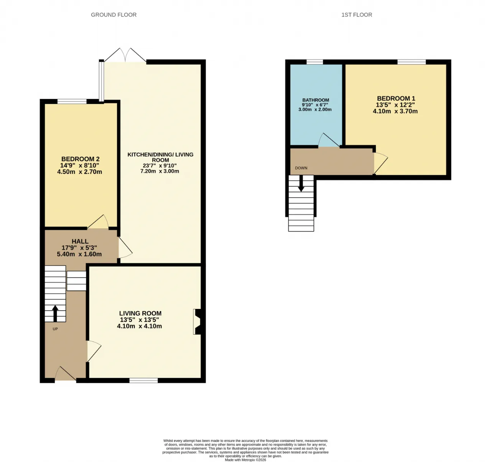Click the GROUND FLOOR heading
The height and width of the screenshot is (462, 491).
(x=114, y=15)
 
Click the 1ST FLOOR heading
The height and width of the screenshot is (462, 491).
(x=356, y=15)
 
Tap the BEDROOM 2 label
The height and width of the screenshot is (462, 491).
(x=80, y=159)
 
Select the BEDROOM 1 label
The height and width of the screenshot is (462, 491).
(x=396, y=99)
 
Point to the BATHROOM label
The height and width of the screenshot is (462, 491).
(x=315, y=100)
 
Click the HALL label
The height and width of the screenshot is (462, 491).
(x=80, y=241)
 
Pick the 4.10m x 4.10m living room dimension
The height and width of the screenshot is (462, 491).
(x=140, y=326)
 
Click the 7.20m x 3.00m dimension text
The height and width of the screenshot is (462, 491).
(x=160, y=171)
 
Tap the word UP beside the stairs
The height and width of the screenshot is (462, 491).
(x=55, y=329)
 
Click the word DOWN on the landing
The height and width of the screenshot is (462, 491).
(x=301, y=168)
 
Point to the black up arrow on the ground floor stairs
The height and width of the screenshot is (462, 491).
(x=55, y=313)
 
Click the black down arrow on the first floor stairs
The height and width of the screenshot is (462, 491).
(x=301, y=183)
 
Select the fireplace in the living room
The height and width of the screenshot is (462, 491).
(x=198, y=322)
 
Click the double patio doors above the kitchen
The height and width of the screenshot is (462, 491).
(x=125, y=55)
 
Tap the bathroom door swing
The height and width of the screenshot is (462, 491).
(x=329, y=140)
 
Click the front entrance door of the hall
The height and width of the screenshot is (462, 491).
(x=65, y=373)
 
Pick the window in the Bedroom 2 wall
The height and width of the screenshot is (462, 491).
(x=72, y=101)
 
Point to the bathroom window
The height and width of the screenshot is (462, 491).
(x=315, y=62)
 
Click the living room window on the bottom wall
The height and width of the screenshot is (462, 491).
(x=143, y=380)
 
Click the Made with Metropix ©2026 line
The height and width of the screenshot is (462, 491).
(x=245, y=460)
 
